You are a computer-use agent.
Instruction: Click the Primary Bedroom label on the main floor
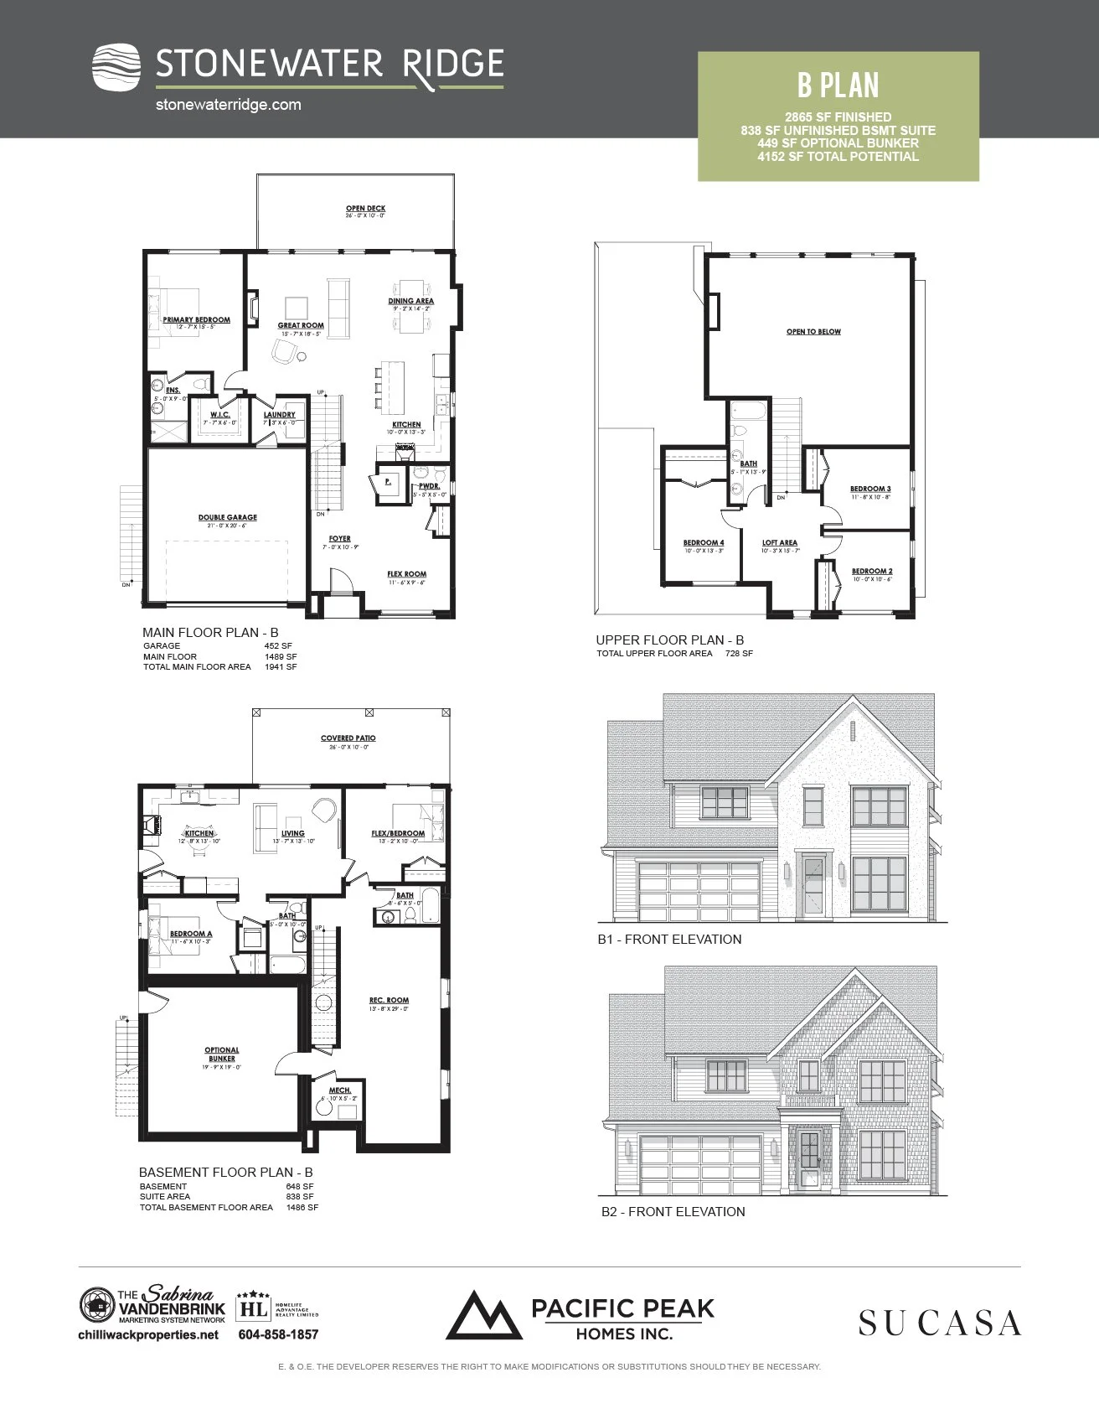[x=196, y=319]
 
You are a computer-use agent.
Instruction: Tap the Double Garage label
[x=227, y=517]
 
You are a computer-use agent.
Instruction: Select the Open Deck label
[x=365, y=209]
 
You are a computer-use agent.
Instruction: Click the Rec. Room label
[x=389, y=1000]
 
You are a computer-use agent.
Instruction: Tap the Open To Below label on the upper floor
[x=813, y=332]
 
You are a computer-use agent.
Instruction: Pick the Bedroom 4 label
[x=704, y=542]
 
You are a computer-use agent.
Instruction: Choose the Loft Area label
[x=780, y=542]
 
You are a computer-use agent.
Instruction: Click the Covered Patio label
[x=348, y=738]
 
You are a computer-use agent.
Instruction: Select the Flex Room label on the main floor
[x=406, y=574]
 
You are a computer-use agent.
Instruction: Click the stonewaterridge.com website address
[x=229, y=105]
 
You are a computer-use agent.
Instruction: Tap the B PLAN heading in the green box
[x=838, y=85]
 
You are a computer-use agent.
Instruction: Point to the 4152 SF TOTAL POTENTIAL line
[x=838, y=157]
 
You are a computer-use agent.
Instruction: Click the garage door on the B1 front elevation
[x=699, y=891]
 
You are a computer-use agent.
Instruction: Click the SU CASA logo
[x=939, y=1323]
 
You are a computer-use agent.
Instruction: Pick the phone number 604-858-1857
[x=278, y=1334]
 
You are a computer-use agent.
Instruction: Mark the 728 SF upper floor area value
[x=739, y=654]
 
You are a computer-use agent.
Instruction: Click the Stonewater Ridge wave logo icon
[x=116, y=66]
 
